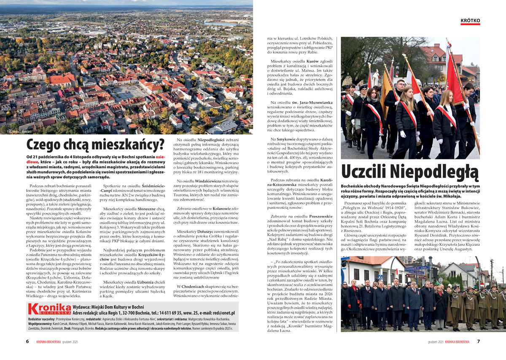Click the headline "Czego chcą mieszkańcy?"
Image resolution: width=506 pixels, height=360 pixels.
tap(95, 144)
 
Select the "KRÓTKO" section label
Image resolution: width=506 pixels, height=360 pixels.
tap(470, 20)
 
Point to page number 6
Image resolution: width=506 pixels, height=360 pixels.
tap(27, 341)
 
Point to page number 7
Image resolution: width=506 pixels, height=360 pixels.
tap(479, 341)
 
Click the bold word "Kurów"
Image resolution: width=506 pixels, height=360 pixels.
tap(312, 61)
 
